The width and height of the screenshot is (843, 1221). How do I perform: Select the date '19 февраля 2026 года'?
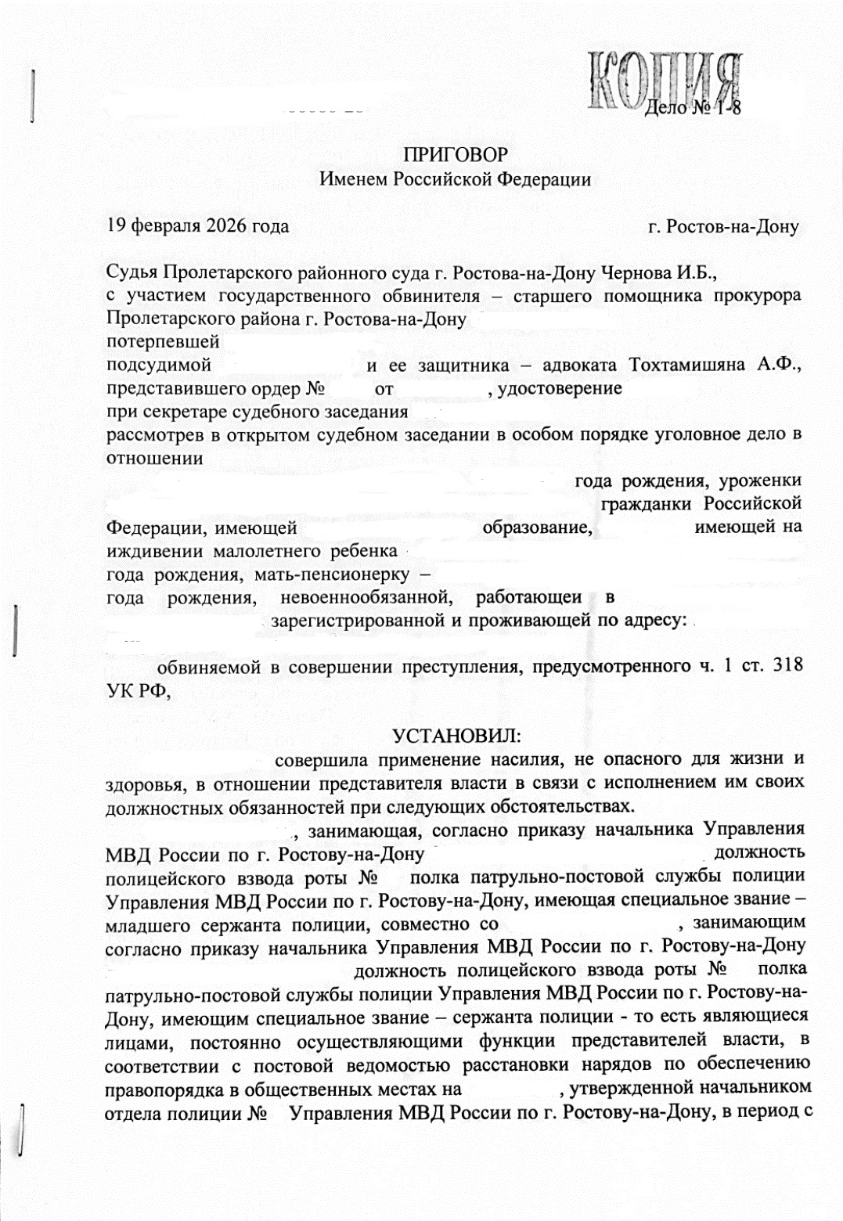point(197,227)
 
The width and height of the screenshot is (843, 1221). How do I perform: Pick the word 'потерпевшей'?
point(162,343)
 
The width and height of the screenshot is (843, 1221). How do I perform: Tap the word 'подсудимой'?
point(160,366)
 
